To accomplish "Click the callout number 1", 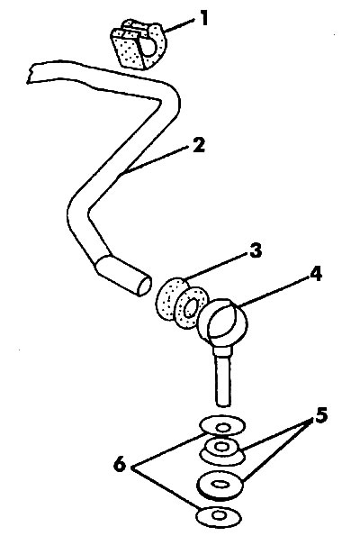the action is (x=204, y=18).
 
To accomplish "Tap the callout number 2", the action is (x=199, y=145).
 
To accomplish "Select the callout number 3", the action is (x=255, y=250).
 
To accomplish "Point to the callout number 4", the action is (x=316, y=274).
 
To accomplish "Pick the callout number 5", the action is (x=321, y=415).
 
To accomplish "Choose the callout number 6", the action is (x=120, y=465).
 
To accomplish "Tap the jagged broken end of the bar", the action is (x=30, y=74).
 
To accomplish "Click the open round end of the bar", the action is (x=145, y=286).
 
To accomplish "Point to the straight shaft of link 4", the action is (x=224, y=377).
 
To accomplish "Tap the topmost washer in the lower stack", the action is (x=222, y=426).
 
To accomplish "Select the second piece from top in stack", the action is (x=222, y=450).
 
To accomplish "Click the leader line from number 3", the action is (x=216, y=267).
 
